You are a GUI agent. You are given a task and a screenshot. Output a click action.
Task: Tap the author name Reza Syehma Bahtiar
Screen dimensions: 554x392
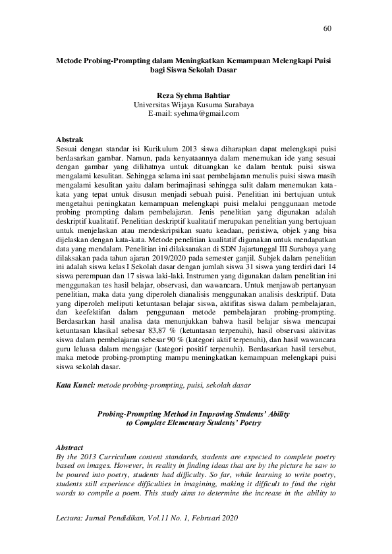(193, 95)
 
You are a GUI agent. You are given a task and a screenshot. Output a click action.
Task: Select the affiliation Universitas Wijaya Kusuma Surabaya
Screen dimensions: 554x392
(193, 105)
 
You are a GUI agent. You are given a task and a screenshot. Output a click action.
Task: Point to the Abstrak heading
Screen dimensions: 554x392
(69, 140)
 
